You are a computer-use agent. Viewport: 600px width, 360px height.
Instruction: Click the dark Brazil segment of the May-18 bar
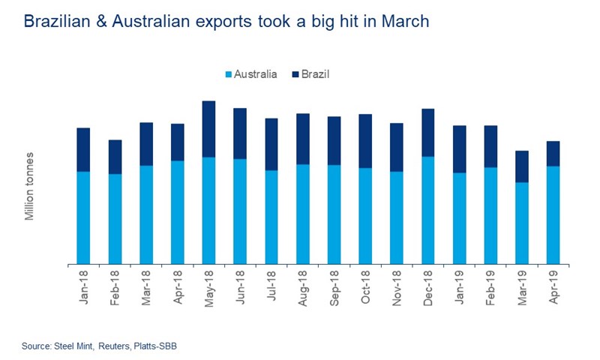[x=208, y=129]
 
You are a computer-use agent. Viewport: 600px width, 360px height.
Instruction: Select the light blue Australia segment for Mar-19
[x=521, y=223]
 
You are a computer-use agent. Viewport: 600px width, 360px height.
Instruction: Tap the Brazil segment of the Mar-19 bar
[x=521, y=166]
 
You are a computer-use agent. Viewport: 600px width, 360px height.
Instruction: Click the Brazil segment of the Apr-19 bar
[x=553, y=154]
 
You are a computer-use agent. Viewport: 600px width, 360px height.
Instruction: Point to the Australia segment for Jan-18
[x=83, y=217]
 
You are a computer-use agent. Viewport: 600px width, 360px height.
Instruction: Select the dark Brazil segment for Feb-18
[x=115, y=157]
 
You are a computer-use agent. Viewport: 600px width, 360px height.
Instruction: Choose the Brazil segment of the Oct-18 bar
[x=365, y=141]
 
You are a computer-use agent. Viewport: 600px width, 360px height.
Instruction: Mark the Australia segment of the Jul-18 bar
[x=271, y=217]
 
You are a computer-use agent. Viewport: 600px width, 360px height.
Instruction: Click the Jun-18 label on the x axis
[x=240, y=286]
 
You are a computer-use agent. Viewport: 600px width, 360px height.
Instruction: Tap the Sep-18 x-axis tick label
[x=334, y=286]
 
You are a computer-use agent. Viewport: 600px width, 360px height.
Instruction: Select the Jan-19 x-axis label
[x=459, y=286]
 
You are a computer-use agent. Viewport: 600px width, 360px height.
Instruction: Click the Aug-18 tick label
[x=303, y=286]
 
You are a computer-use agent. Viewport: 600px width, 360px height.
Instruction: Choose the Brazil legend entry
[x=312, y=74]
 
